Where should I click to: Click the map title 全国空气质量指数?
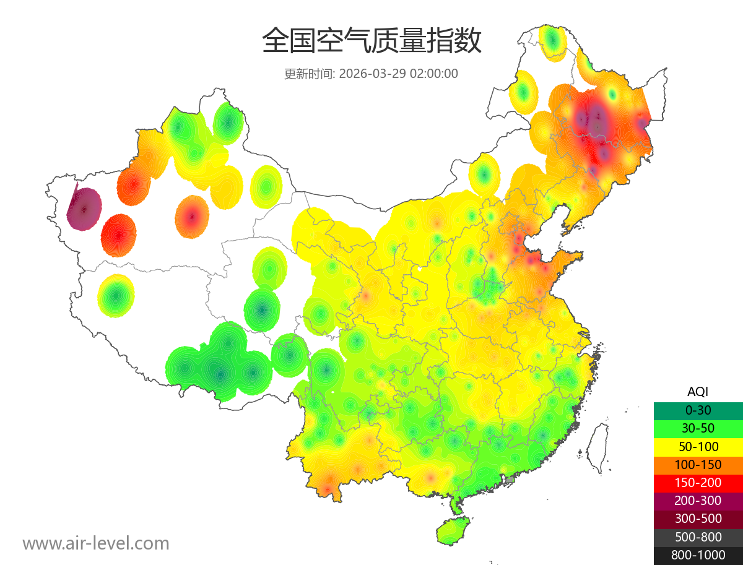[x=371, y=41]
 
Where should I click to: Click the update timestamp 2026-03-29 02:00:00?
[x=399, y=74]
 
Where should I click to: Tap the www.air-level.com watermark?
[x=96, y=543]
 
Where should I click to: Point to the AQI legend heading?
[x=698, y=391]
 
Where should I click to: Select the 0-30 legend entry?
[x=698, y=410]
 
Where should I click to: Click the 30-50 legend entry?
[x=698, y=428]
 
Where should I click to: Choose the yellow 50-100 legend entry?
[x=698, y=446]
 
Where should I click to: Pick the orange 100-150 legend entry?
[x=698, y=464]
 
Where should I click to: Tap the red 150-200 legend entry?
[x=698, y=482]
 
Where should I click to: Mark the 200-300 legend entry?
[x=698, y=500]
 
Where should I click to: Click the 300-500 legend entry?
[x=698, y=519]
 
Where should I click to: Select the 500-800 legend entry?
[x=698, y=537]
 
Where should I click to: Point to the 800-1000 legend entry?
[x=698, y=554]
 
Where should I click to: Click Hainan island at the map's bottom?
[x=453, y=531]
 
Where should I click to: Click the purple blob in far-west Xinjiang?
[x=84, y=209]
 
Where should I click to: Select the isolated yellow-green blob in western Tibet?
[x=116, y=296]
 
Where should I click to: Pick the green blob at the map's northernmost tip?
[x=552, y=42]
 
